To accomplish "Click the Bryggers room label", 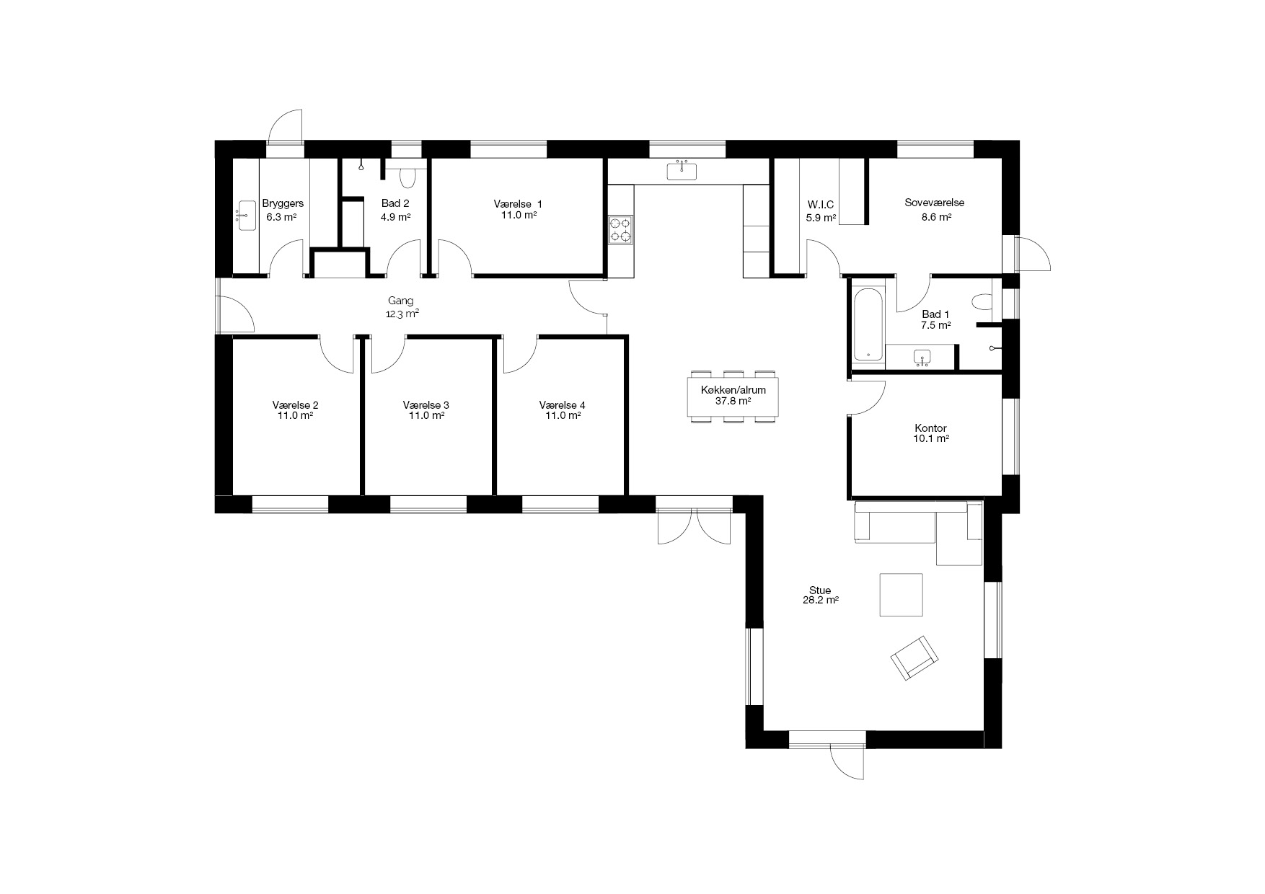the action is tap(283, 204).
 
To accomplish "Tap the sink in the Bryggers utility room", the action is tap(246, 216).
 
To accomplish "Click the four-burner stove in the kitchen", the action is tap(620, 229).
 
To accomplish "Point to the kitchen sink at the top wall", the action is tap(682, 171).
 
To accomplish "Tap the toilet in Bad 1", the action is tap(982, 301).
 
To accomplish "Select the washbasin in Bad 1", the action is tap(922, 357).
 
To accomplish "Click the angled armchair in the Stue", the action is tap(914, 657).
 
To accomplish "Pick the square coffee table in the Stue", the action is tap(901, 595).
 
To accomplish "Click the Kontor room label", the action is tap(930, 428).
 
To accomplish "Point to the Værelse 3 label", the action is tap(426, 405).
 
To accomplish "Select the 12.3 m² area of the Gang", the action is tap(403, 314).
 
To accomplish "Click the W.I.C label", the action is tap(821, 205).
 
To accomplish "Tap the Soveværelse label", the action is tap(935, 203).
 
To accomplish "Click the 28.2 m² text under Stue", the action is tap(820, 600).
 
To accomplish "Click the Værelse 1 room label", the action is tap(518, 204).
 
